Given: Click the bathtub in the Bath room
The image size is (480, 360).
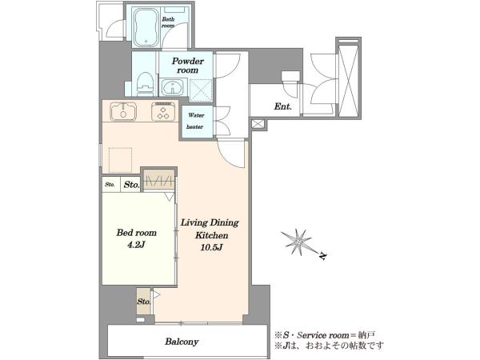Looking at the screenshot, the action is coord(146,26).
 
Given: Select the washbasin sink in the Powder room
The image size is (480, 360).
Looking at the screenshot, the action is coord(172,86).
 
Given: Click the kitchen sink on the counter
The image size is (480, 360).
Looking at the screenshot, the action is coord(123,111).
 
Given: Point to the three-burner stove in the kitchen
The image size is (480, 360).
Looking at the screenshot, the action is coord(163,111).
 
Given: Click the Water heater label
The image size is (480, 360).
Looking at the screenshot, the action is coord(196,121).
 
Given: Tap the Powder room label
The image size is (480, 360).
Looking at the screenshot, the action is coord(188,66).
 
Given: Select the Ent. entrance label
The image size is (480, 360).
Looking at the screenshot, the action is coord(282,106).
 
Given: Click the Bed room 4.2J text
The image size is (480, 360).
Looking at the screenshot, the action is coord(137,238).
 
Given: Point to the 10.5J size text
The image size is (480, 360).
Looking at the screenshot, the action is coord(211,247).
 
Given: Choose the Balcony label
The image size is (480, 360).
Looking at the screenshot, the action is coord(182,342).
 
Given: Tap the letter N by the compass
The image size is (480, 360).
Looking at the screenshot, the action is coord(322,256).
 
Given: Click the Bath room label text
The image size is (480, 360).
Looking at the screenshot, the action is coord(168,22).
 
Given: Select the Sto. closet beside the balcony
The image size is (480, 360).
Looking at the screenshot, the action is coord(144,302).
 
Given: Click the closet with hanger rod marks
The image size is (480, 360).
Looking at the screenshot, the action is coord(159,179).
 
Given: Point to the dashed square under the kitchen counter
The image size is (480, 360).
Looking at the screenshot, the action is coord(120,161).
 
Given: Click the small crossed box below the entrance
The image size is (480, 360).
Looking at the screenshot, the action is coord(258,124).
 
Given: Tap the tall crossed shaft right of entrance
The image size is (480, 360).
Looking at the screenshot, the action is coord(349,79).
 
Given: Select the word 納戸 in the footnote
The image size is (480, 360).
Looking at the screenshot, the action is coord(368,335).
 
